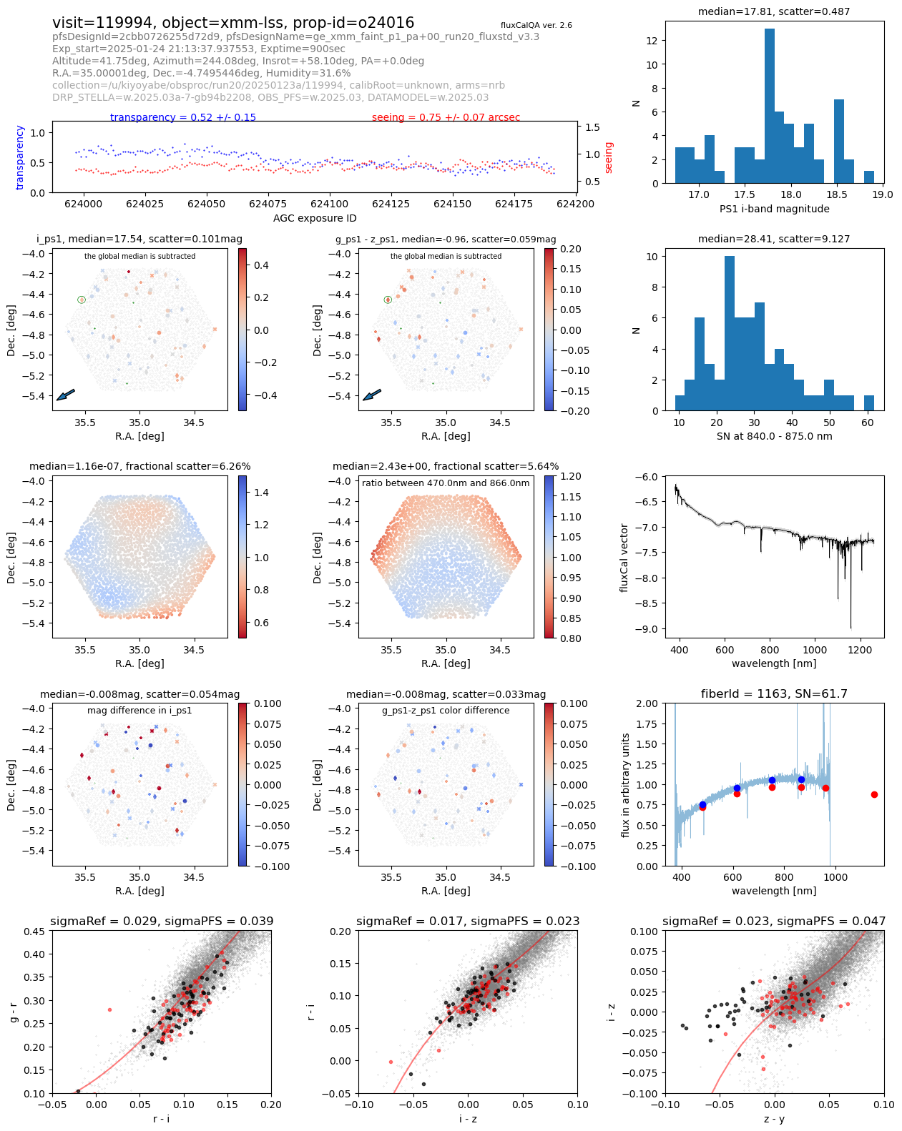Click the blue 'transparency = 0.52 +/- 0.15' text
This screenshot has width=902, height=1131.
point(182,117)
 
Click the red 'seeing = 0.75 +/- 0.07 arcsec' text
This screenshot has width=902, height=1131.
point(446,117)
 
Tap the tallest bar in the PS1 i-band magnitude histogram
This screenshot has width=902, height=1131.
point(770,106)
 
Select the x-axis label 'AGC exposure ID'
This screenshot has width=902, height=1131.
point(315,218)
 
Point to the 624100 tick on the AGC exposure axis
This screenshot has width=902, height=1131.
point(330,204)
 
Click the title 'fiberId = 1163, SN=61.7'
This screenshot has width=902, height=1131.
point(774,693)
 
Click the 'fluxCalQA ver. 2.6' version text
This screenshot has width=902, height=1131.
point(536,25)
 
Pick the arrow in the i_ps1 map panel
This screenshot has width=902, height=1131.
point(65,395)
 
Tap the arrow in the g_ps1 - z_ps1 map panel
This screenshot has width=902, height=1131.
point(372,395)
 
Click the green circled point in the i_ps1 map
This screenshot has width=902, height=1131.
point(82,300)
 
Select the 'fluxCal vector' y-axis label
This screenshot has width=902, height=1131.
point(624,558)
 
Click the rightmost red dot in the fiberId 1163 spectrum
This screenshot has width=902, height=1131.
point(874,794)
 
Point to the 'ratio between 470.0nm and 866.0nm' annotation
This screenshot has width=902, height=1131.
point(446,483)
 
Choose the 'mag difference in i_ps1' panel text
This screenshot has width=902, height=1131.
point(139,711)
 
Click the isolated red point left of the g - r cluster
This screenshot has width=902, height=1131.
point(109,1009)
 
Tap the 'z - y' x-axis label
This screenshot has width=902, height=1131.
point(774,1118)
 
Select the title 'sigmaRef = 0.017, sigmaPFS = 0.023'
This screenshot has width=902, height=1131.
point(468,921)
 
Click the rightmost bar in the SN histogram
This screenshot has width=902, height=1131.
point(868,403)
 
